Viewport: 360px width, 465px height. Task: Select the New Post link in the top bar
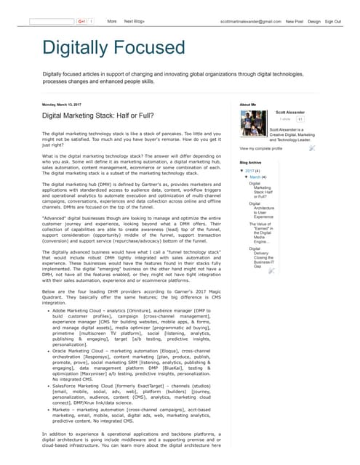pyautogui.click(x=295, y=22)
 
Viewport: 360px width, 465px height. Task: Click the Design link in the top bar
pyautogui.click(x=314, y=22)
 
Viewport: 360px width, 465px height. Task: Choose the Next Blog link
pyautogui.click(x=135, y=22)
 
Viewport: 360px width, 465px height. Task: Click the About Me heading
pyautogui.click(x=248, y=105)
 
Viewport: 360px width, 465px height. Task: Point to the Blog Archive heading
pyautogui.click(x=250, y=162)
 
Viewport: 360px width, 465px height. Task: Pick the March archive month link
pyautogui.click(x=256, y=177)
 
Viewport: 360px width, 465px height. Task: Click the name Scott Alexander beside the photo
pyautogui.click(x=291, y=113)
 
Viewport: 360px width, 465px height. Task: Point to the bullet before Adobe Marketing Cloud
pyautogui.click(x=48, y=331)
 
